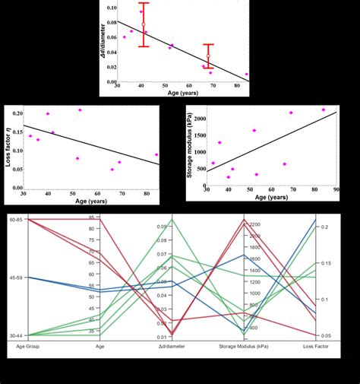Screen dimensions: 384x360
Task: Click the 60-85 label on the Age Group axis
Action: (x=14, y=219)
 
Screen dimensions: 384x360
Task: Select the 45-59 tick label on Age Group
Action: (x=14, y=278)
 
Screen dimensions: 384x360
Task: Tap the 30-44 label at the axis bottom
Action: (x=14, y=335)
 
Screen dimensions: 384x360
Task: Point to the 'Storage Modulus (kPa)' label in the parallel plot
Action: (x=244, y=347)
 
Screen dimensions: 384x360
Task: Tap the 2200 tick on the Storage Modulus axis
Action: (x=253, y=224)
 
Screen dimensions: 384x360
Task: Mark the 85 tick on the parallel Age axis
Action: (x=91, y=219)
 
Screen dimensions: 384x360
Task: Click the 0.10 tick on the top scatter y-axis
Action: (x=112, y=7)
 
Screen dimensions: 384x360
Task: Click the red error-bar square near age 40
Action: (x=144, y=25)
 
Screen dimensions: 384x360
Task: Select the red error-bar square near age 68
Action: (x=208, y=56)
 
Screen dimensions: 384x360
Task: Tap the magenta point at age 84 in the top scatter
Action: (x=246, y=75)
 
